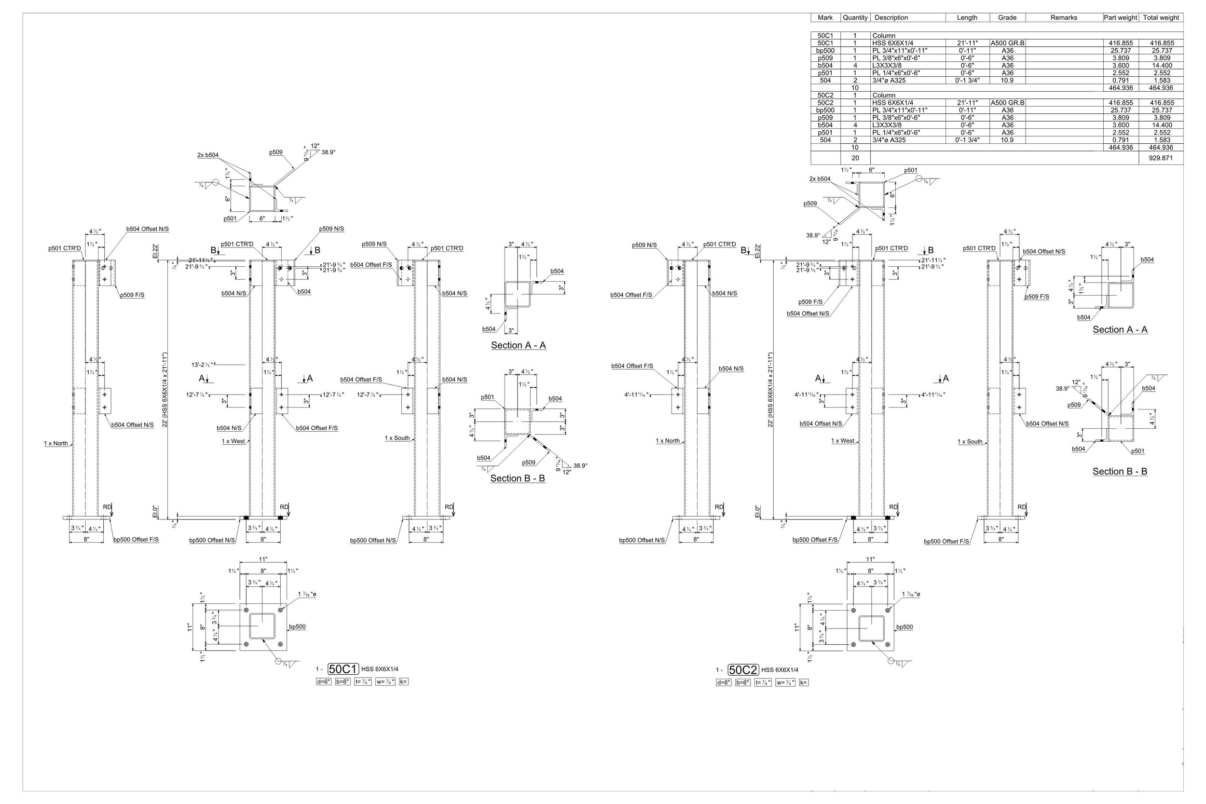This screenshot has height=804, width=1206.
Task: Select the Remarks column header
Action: click(1064, 17)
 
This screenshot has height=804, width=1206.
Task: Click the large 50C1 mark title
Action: click(343, 669)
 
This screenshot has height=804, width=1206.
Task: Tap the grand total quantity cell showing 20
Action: click(855, 158)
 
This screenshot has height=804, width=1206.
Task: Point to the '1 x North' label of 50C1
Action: click(56, 444)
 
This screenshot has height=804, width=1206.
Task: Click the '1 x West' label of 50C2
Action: click(842, 441)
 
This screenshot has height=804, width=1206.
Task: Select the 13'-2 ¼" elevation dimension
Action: click(202, 365)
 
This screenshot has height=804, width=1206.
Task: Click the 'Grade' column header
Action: click(1007, 17)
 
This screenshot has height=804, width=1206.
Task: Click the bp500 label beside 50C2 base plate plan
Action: click(904, 627)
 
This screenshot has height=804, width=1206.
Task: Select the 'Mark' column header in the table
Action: click(825, 17)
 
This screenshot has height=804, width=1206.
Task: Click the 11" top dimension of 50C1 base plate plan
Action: click(263, 559)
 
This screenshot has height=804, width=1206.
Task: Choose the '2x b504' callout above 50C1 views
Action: click(207, 155)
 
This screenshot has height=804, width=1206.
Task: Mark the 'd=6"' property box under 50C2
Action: click(724, 682)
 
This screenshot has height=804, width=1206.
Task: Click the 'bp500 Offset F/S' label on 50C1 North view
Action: click(136, 539)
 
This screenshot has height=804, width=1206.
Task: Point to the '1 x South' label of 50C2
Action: click(970, 441)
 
